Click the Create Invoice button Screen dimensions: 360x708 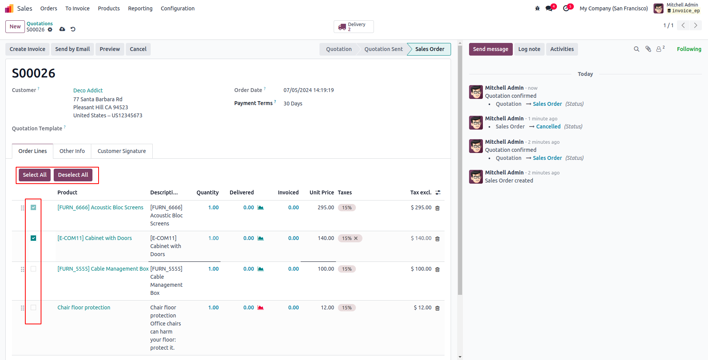[x=27, y=49]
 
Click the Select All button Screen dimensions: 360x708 [x=35, y=175]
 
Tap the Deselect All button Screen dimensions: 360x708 [x=73, y=175]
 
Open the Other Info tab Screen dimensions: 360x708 [x=72, y=151]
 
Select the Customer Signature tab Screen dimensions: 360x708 [x=122, y=151]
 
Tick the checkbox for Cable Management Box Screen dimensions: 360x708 [x=33, y=269]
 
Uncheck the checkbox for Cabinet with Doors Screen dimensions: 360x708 [x=33, y=238]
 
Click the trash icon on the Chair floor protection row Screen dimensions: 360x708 [x=437, y=308]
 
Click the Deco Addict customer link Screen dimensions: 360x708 [x=88, y=90]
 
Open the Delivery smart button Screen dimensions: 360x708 [x=353, y=27]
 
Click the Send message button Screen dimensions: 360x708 [x=490, y=49]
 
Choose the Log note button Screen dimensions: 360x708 [x=529, y=49]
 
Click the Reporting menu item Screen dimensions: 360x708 [x=140, y=8]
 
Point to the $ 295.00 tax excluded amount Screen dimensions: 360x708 [x=421, y=207]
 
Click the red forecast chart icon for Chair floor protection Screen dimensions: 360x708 [x=261, y=307]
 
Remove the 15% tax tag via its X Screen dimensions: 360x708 [x=356, y=238]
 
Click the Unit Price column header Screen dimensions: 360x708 [x=321, y=192]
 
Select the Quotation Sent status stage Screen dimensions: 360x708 [x=383, y=49]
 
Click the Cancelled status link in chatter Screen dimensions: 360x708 [x=548, y=127]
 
